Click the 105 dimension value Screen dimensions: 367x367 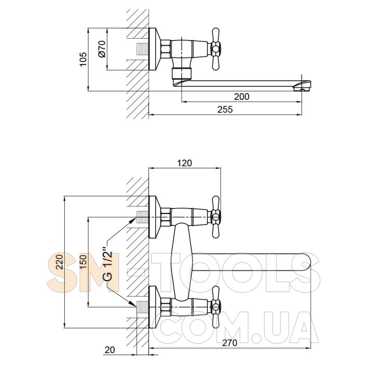click(x=83, y=59)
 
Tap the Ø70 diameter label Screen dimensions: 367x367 click(x=102, y=49)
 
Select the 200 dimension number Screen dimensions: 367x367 click(x=242, y=96)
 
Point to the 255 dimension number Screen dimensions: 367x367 click(x=225, y=109)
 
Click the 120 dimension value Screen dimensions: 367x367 click(x=184, y=163)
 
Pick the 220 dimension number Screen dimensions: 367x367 click(x=60, y=261)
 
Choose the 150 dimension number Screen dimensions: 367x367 click(x=83, y=261)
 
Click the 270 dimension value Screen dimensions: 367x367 click(x=229, y=343)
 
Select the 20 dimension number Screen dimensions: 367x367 click(x=110, y=350)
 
